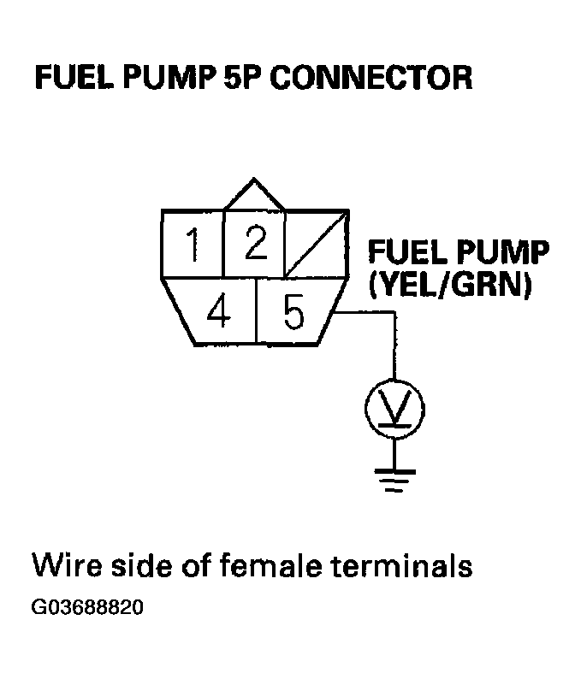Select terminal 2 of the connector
click(254, 244)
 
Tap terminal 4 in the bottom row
click(219, 312)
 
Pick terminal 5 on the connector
click(293, 313)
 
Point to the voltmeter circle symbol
click(394, 410)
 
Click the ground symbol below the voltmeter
click(394, 481)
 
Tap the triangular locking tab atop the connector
click(253, 195)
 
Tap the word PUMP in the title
click(162, 79)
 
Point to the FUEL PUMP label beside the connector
click(458, 253)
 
